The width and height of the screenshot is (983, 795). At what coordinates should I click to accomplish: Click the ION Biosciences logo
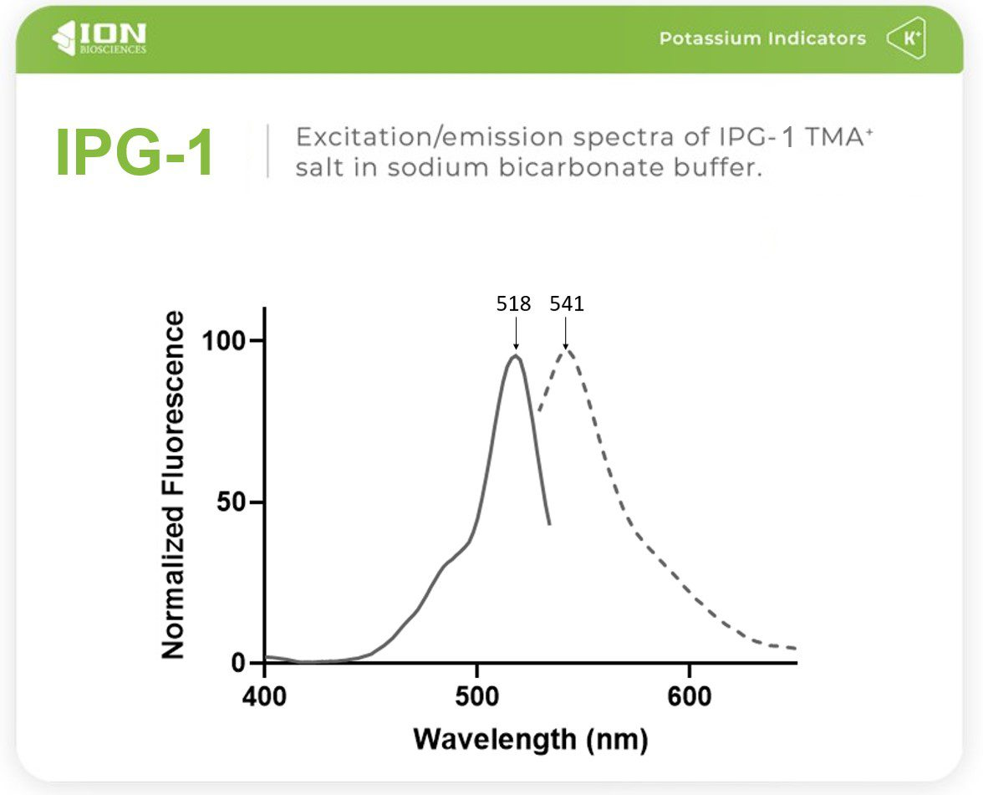click(x=99, y=38)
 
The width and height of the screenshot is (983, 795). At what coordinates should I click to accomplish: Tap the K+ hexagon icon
click(x=906, y=38)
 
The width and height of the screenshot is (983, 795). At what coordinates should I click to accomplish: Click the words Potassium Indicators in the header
click(x=761, y=38)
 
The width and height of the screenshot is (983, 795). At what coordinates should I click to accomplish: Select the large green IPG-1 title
click(x=135, y=152)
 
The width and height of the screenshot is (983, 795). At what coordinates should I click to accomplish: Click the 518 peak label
click(x=513, y=304)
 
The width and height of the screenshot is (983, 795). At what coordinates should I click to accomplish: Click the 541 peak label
click(x=566, y=304)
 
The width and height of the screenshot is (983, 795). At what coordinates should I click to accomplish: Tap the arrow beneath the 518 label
click(x=516, y=334)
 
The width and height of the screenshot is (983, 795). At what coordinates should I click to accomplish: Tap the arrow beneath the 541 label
click(x=566, y=334)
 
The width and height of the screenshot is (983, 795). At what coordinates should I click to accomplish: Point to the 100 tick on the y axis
click(x=225, y=341)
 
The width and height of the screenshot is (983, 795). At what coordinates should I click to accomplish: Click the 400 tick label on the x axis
click(x=264, y=696)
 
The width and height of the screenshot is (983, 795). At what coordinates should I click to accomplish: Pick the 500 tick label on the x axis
click(x=476, y=696)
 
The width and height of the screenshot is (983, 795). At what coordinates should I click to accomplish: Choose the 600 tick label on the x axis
click(x=689, y=696)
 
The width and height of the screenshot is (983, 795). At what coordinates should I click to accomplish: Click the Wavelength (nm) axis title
click(x=530, y=739)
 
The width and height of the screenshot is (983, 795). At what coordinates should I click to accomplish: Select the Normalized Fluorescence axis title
click(x=173, y=485)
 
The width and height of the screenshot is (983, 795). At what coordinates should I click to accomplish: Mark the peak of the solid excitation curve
click(x=516, y=356)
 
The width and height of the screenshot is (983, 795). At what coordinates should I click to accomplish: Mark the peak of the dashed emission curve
click(x=567, y=349)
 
